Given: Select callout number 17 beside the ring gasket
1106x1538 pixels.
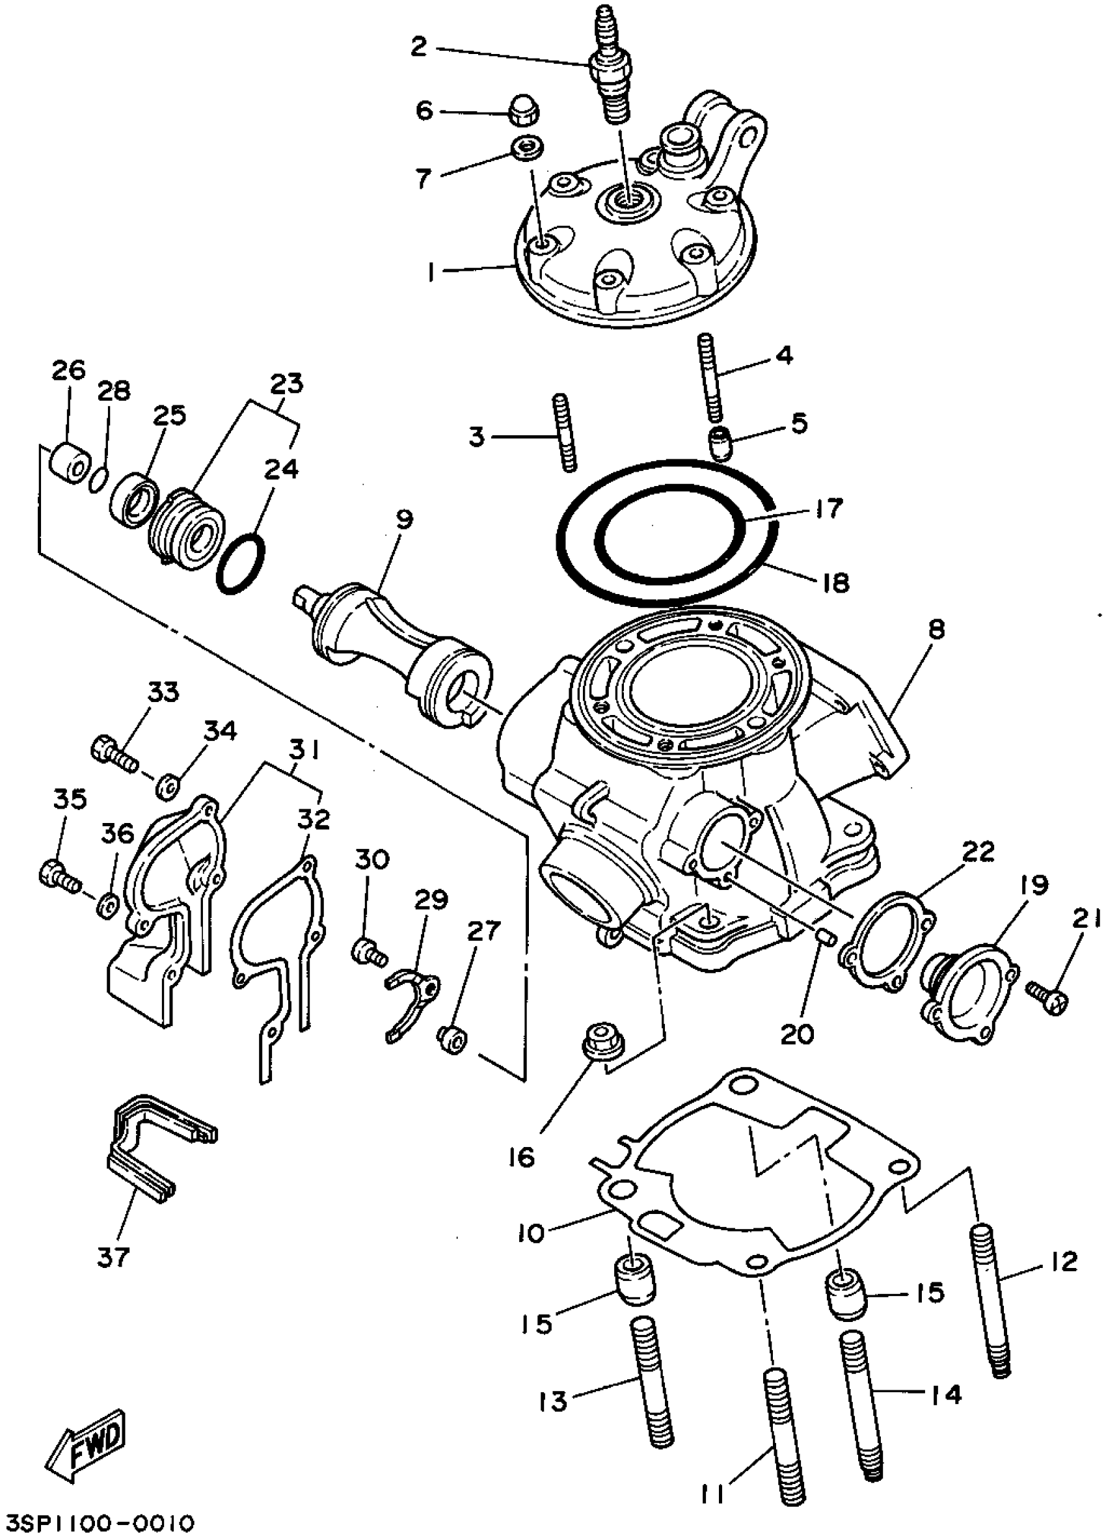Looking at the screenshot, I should (x=828, y=508).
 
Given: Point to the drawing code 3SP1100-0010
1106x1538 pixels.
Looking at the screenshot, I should (x=98, y=1522).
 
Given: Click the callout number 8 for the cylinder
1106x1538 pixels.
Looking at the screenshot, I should (x=936, y=630).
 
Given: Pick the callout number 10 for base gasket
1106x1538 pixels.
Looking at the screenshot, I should (x=531, y=1232).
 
